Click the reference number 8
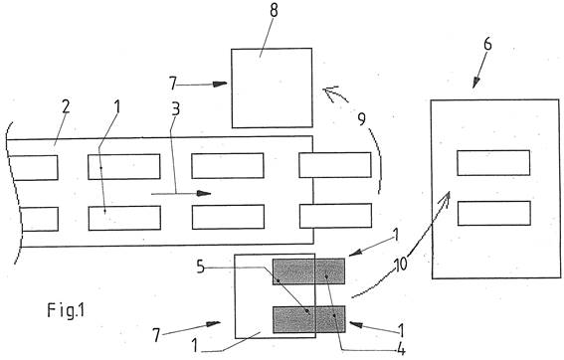(x=274, y=10)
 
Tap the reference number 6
(x=487, y=44)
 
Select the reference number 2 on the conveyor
(x=66, y=106)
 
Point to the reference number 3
(x=175, y=109)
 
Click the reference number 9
(x=361, y=119)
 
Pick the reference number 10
(x=401, y=264)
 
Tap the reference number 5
(x=201, y=268)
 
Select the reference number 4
(x=401, y=349)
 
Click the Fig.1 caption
(x=67, y=310)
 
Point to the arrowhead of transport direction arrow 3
(x=204, y=194)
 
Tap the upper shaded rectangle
(x=308, y=271)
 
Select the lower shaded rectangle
(x=309, y=319)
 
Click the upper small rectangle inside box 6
(x=493, y=163)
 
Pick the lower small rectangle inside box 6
(x=494, y=213)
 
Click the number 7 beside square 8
(x=173, y=84)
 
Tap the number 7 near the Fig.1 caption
(x=156, y=335)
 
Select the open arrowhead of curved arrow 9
(x=330, y=92)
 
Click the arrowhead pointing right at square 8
(x=220, y=85)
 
